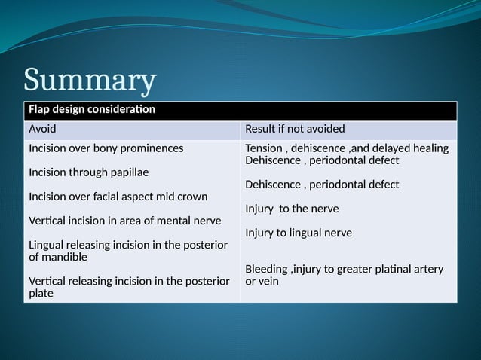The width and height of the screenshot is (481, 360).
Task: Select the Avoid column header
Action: [42, 129]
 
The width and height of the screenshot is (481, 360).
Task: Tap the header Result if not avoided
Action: [295, 129]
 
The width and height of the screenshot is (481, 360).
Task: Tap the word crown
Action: [192, 197]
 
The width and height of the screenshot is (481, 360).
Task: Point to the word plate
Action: [41, 293]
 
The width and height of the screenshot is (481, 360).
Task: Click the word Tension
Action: [265, 148]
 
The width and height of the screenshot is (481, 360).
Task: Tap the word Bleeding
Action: [268, 269]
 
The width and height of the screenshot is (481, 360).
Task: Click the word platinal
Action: [388, 269]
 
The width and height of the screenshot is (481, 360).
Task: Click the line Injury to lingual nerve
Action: [298, 233]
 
